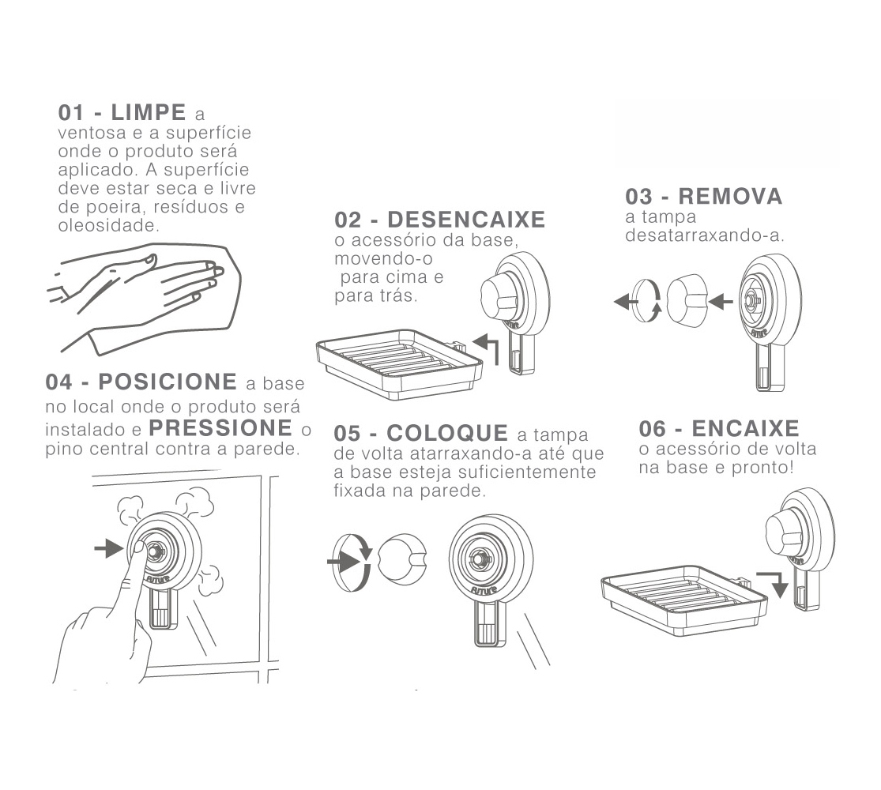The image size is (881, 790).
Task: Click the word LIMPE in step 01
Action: point(149,112)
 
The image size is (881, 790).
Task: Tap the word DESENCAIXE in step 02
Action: point(466,220)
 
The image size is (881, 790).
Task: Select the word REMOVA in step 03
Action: point(730,197)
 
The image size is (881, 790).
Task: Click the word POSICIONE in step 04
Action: point(168,382)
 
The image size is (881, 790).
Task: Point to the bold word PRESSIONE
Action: point(220,428)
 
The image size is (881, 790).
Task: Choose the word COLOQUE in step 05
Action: point(447,433)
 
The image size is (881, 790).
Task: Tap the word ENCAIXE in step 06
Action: point(745,429)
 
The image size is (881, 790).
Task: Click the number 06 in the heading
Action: point(653,429)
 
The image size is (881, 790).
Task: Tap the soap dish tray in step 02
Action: point(400,364)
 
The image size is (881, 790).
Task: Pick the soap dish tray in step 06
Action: point(683,600)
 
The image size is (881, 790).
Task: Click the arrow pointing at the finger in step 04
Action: point(109,547)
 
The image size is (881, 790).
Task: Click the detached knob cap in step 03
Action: point(687,301)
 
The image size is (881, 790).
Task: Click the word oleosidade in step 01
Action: point(108,226)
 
